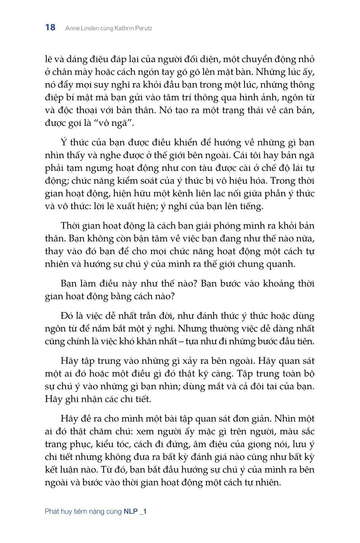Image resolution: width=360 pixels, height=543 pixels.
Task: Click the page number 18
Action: point(50,27)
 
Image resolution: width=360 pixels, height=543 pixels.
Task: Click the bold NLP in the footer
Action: point(131,511)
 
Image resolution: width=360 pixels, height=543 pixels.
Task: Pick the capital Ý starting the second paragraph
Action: point(63,142)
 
